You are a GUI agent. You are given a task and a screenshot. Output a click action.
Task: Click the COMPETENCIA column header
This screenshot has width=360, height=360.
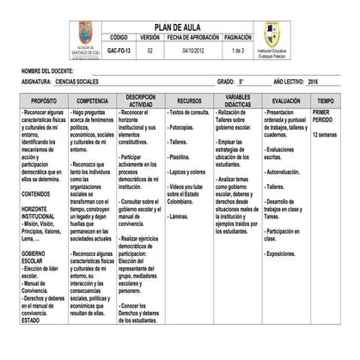coord(92,101)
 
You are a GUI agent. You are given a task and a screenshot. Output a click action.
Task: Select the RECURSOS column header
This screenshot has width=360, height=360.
coord(189,101)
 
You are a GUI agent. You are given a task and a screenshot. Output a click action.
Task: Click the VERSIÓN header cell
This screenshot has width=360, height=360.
coord(149,39)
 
